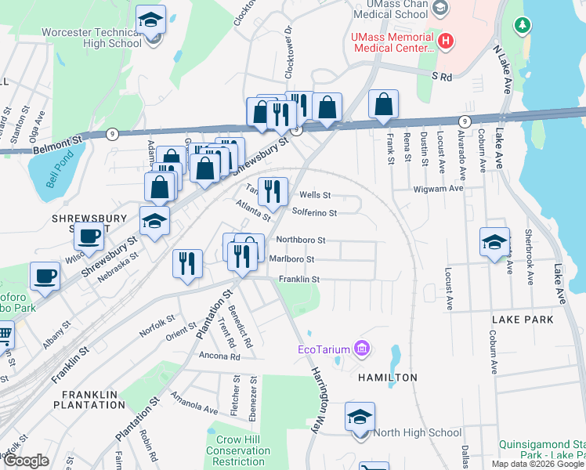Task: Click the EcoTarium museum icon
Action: click(362, 347)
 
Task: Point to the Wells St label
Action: click(315, 195)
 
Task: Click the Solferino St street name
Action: click(314, 212)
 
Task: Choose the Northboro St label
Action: click(299, 240)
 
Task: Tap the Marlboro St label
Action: click(291, 259)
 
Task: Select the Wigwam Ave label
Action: click(439, 189)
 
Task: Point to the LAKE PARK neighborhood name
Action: click(523, 320)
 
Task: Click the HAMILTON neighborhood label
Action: click(388, 378)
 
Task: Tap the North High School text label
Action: click(417, 432)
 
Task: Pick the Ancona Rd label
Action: click(219, 356)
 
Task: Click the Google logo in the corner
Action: click(26, 461)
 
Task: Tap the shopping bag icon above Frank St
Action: click(383, 105)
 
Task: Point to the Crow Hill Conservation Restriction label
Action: click(237, 450)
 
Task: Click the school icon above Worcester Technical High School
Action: click(150, 21)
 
